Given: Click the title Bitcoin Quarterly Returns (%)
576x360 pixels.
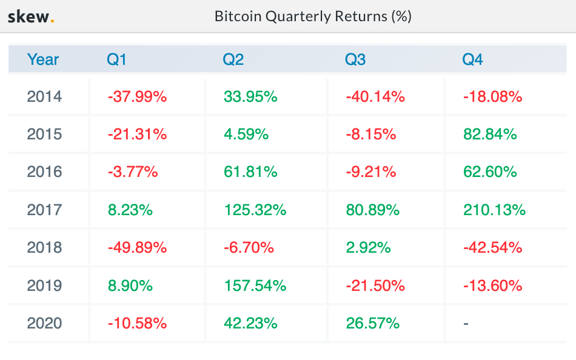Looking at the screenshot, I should pyautogui.click(x=313, y=16).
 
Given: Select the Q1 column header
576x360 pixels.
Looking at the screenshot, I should pyautogui.click(x=116, y=59).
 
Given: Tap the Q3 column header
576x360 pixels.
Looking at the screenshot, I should pyautogui.click(x=355, y=59).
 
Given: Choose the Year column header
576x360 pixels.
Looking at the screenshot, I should pyautogui.click(x=43, y=59).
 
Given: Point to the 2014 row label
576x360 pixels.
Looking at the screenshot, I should pyautogui.click(x=44, y=96).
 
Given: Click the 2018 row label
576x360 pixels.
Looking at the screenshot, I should pyautogui.click(x=44, y=247).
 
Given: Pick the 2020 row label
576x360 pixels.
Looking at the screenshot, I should pyautogui.click(x=44, y=323).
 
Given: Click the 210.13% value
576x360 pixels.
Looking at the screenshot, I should pyautogui.click(x=494, y=210).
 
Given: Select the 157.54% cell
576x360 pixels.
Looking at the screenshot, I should pyautogui.click(x=255, y=285).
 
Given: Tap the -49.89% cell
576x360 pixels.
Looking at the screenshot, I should pyautogui.click(x=137, y=247).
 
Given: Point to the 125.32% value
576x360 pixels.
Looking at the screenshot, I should pyautogui.click(x=255, y=210).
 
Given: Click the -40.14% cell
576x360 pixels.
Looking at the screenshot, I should pyautogui.click(x=375, y=96).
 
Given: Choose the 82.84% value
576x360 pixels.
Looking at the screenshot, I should pyautogui.click(x=490, y=134).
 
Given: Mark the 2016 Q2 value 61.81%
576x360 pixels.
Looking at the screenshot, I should pyautogui.click(x=250, y=172).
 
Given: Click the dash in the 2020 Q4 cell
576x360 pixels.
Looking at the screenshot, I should pyautogui.click(x=466, y=324).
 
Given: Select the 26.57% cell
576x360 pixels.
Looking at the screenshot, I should pyautogui.click(x=373, y=323).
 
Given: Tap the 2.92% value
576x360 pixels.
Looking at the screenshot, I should pyautogui.click(x=369, y=247).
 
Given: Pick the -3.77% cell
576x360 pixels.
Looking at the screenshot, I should pyautogui.click(x=133, y=172).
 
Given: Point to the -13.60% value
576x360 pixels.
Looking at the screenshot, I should pyautogui.click(x=492, y=285).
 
